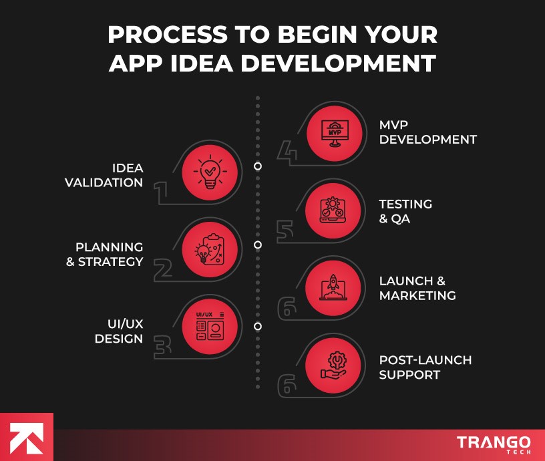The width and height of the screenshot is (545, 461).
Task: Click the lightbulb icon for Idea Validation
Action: pyautogui.click(x=209, y=170)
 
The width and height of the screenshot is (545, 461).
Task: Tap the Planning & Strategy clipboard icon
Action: pyautogui.click(x=209, y=248)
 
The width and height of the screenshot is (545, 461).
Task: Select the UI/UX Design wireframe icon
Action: pyautogui.click(x=209, y=327)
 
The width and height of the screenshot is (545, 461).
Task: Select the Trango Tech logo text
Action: pyautogui.click(x=494, y=444)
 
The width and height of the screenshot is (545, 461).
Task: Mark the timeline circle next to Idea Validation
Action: pyautogui.click(x=258, y=166)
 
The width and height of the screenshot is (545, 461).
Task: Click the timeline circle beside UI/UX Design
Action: pyautogui.click(x=258, y=327)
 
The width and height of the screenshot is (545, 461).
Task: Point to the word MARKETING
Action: pyautogui.click(x=417, y=296)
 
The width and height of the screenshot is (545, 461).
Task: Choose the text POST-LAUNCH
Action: pyautogui.click(x=425, y=360)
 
